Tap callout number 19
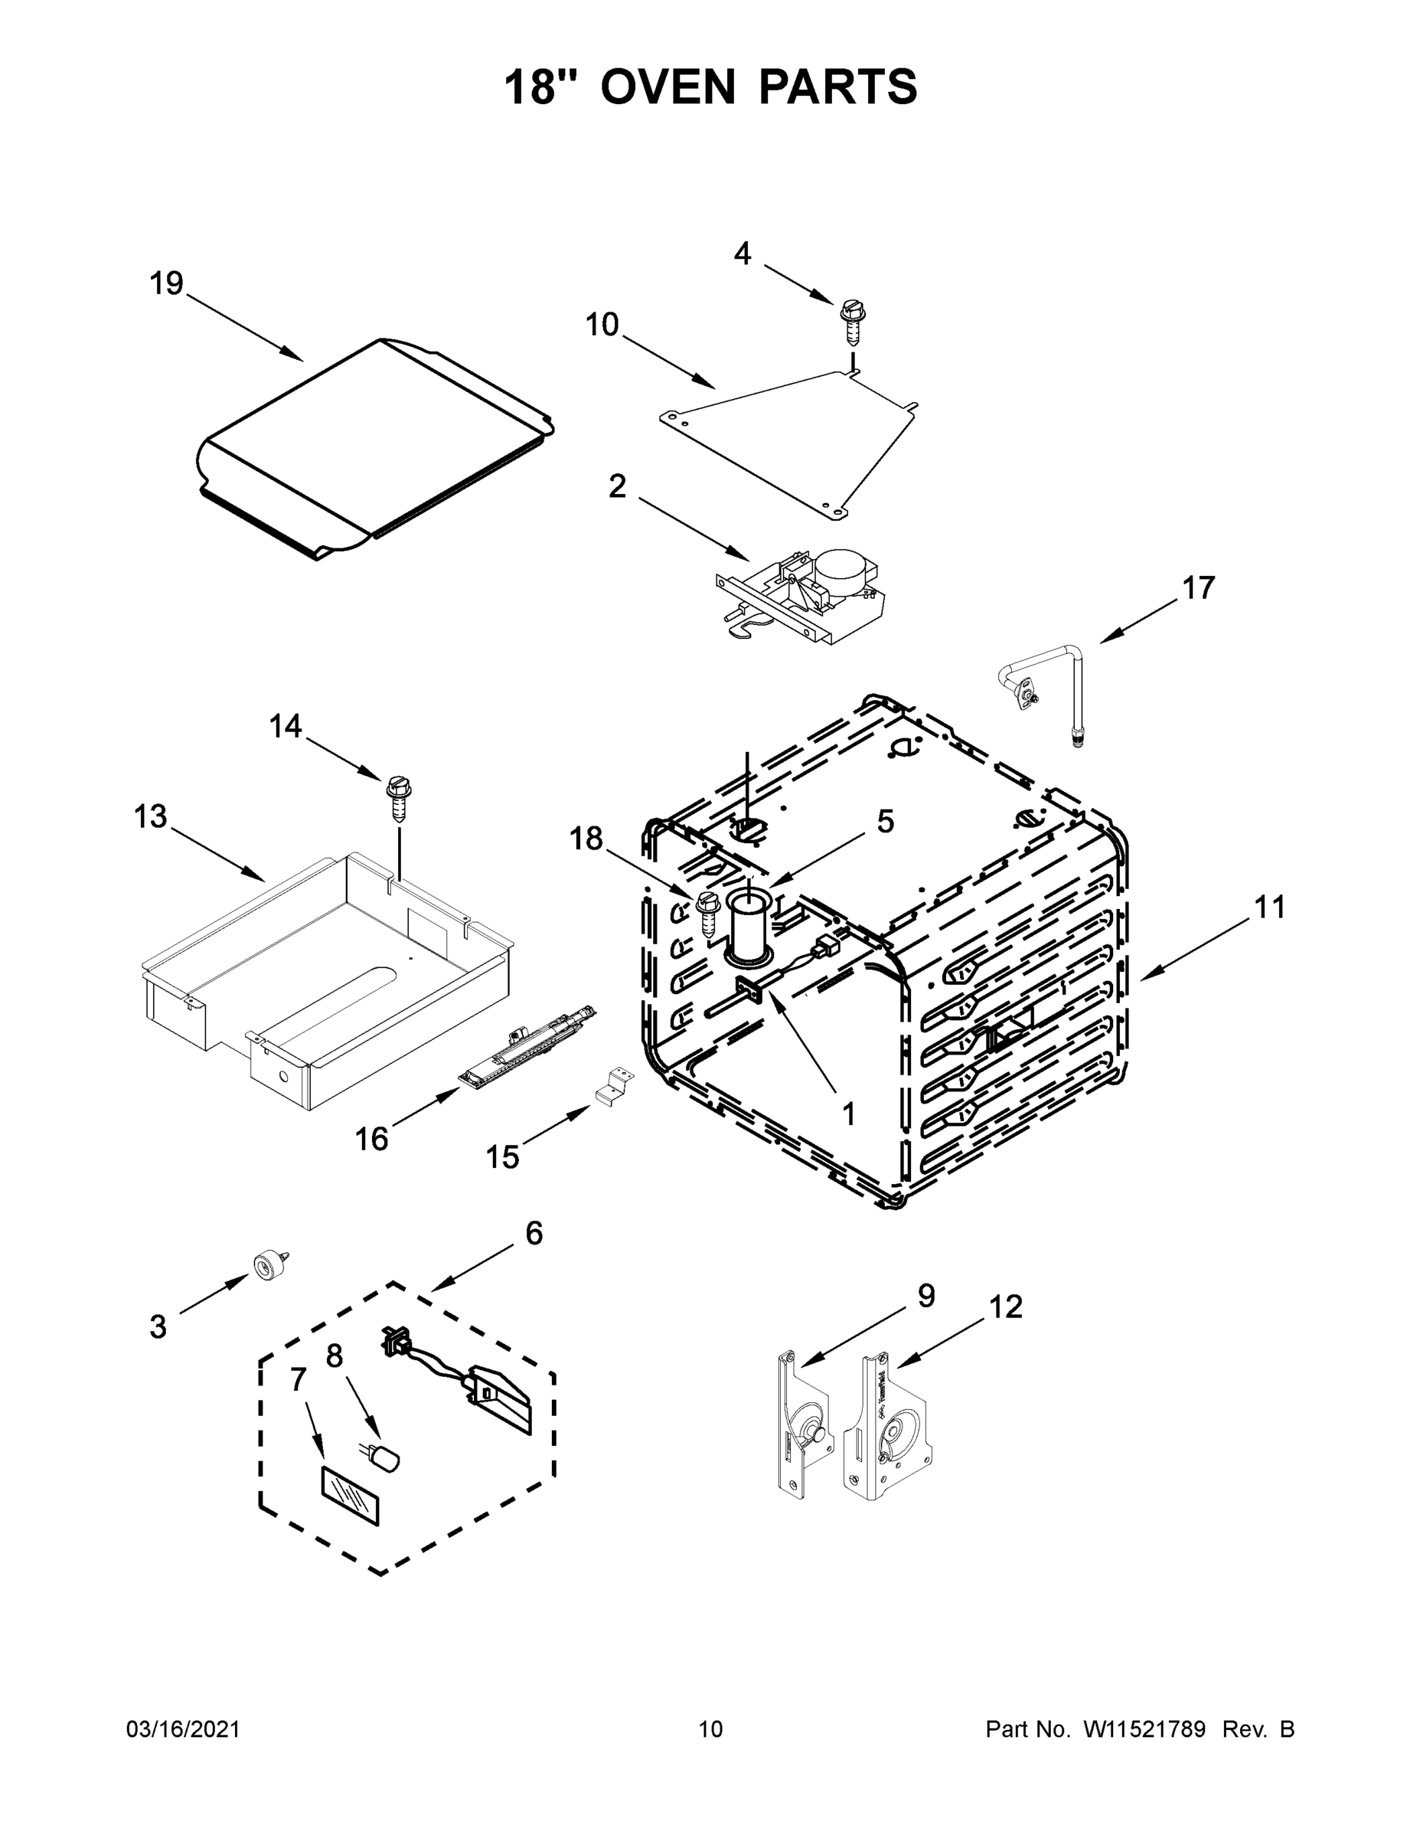167,283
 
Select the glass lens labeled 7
349,1497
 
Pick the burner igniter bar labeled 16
526,1044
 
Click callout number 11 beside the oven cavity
1270,908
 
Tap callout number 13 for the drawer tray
151,816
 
